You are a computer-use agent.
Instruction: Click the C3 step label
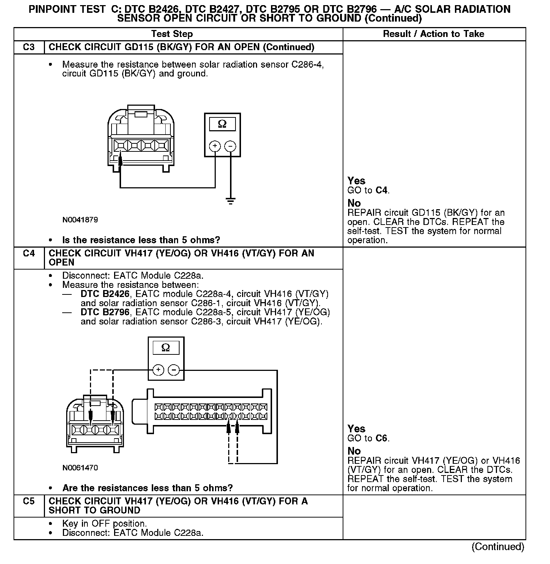click(x=29, y=47)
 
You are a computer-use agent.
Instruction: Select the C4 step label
click(x=29, y=253)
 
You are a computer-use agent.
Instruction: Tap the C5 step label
click(x=29, y=501)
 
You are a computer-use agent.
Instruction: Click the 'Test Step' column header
click(x=172, y=34)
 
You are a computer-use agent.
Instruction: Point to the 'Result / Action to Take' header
click(x=433, y=34)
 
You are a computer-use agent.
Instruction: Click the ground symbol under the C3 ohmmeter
click(x=230, y=201)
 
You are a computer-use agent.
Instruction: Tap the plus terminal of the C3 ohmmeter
click(x=215, y=146)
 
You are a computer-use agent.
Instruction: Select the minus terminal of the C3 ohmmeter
click(x=230, y=146)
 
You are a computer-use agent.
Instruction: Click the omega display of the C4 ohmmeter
click(x=166, y=348)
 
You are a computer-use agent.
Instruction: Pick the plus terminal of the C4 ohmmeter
click(x=158, y=370)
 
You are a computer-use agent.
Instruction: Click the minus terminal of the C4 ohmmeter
click(x=174, y=370)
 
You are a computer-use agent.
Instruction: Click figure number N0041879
click(x=80, y=220)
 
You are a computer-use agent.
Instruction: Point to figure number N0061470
click(x=80, y=468)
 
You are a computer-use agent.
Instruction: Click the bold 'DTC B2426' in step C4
click(x=105, y=294)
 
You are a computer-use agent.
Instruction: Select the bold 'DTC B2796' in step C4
click(x=105, y=312)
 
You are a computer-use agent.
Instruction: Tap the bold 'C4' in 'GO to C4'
click(x=381, y=190)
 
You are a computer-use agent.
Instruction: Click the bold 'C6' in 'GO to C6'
click(x=381, y=438)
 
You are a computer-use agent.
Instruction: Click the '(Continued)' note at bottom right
click(x=498, y=546)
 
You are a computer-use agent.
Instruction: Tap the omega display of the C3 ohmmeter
click(x=222, y=124)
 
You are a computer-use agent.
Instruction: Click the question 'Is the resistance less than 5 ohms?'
click(x=141, y=240)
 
